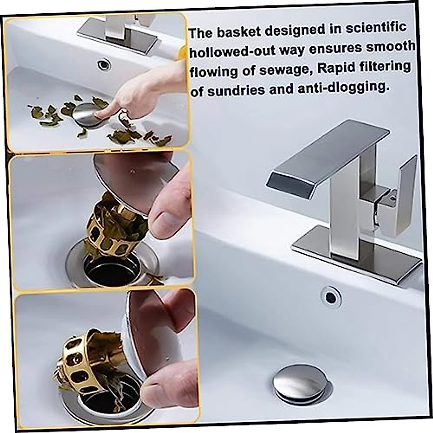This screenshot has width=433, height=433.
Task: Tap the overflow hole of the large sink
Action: pyautogui.click(x=331, y=297)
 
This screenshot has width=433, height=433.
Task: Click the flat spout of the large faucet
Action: pyautogui.click(x=325, y=155)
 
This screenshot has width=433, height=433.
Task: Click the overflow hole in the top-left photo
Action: pyautogui.click(x=104, y=65)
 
